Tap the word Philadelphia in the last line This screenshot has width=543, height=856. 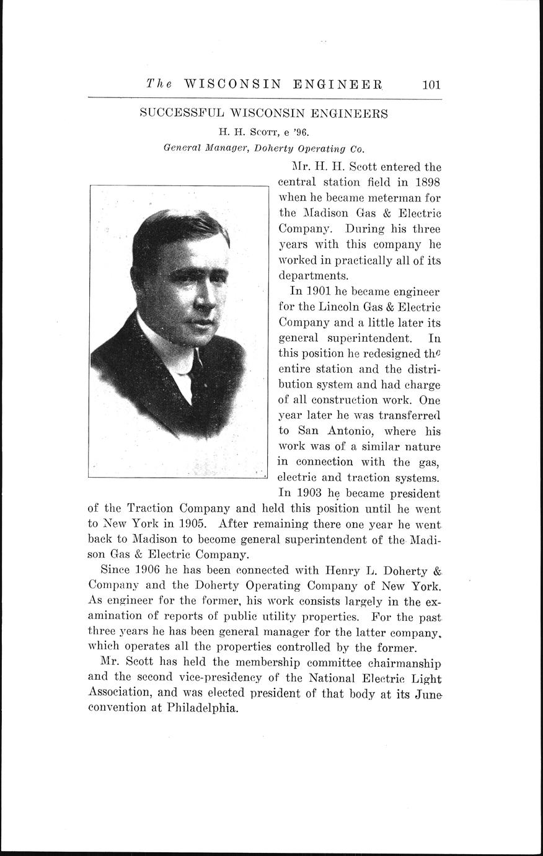(x=202, y=709)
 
